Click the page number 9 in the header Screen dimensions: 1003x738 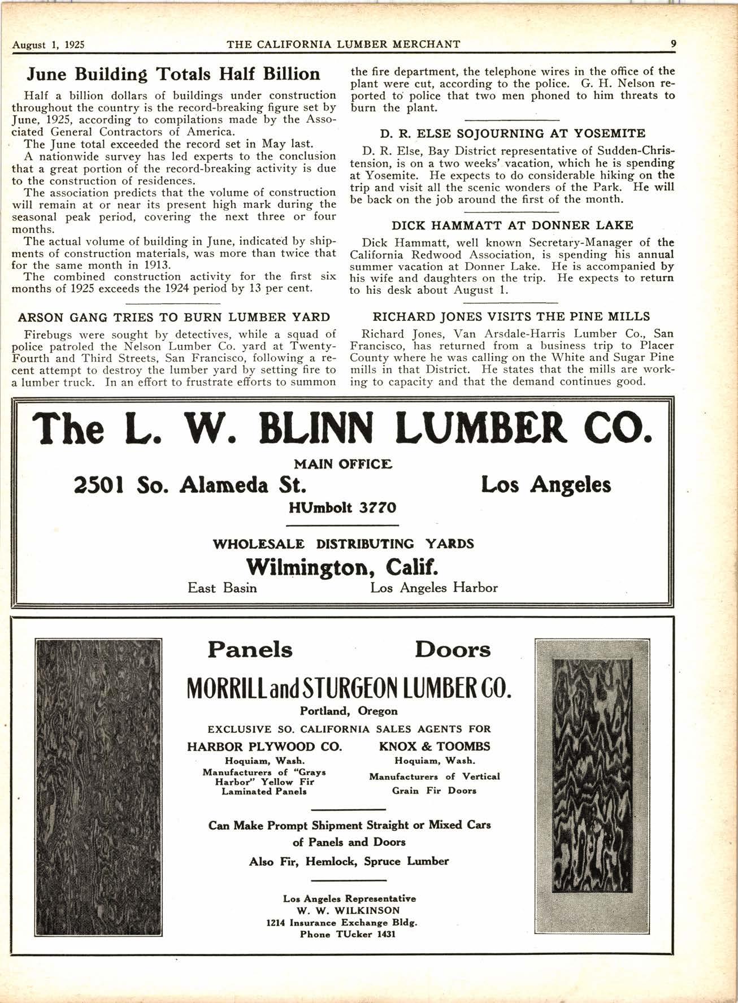click(673, 44)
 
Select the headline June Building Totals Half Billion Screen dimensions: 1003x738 click(174, 74)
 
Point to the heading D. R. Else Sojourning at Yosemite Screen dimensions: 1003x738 click(513, 134)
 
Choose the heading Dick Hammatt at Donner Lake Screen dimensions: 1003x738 click(513, 225)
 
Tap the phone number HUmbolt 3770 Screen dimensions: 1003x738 click(342, 507)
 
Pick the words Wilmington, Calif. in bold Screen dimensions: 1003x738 click(343, 566)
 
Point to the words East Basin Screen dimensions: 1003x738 click(222, 588)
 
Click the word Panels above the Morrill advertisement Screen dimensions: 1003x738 click(250, 650)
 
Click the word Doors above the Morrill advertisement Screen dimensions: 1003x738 click(453, 650)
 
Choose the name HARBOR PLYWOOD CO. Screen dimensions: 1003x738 click(264, 746)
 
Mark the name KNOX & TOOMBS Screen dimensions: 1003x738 click(434, 746)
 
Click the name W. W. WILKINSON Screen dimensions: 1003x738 click(349, 910)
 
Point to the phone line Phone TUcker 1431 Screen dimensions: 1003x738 click(348, 934)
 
